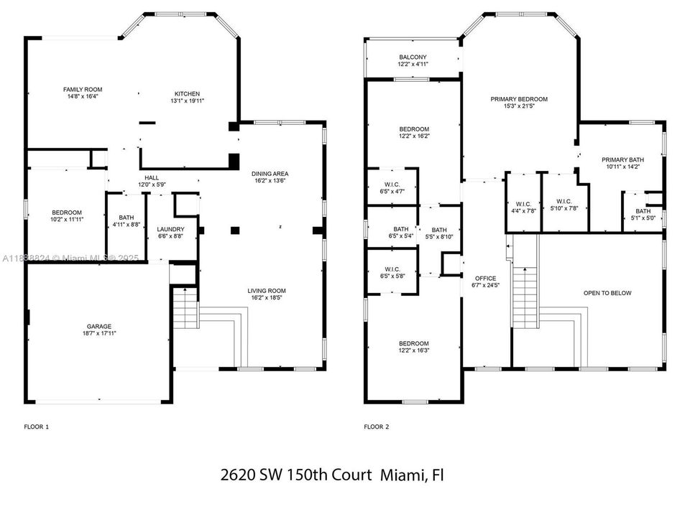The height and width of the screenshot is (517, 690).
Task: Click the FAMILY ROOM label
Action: point(83,90)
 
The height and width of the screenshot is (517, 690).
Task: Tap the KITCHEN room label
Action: point(188,93)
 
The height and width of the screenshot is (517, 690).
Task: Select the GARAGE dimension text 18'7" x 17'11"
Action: point(99,333)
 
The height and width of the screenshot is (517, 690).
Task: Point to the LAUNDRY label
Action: point(171,229)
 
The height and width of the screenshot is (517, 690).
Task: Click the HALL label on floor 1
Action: point(152,178)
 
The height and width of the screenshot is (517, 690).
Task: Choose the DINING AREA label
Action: point(270,174)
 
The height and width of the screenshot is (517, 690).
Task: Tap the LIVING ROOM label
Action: point(267,291)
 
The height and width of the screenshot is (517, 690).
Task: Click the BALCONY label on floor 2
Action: point(413,57)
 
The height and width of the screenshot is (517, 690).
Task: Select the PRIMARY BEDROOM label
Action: point(519,99)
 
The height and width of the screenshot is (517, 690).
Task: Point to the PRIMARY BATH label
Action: point(623,160)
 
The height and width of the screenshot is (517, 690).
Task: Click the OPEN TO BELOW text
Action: point(608,293)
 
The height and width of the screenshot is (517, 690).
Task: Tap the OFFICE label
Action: point(486,279)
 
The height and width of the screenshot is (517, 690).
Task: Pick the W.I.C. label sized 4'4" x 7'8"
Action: point(523,204)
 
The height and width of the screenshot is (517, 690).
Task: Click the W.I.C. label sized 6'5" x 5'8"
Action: point(392,269)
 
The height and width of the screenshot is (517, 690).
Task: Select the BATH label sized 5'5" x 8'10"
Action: point(439,230)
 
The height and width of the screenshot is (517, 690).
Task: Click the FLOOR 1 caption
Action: point(37,427)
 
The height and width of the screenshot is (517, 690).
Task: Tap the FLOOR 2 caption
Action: point(377,427)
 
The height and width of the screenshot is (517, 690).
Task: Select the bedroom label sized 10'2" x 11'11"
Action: point(67,213)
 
